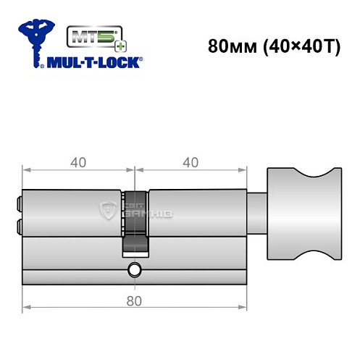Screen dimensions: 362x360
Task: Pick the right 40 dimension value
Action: coord(191,162)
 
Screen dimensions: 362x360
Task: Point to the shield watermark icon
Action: coord(106,212)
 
